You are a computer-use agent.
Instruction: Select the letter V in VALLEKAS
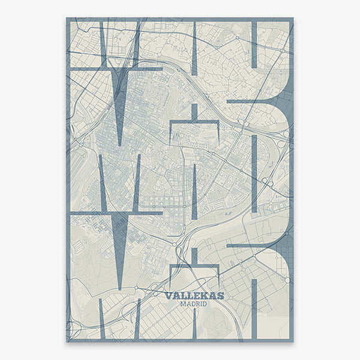[168, 296]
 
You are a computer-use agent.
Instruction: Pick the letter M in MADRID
[183, 304]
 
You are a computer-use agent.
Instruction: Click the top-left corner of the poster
[67, 19]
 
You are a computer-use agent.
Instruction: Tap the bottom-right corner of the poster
[293, 341]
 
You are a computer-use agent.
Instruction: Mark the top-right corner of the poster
[293, 19]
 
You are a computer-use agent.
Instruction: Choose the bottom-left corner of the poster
[67, 341]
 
